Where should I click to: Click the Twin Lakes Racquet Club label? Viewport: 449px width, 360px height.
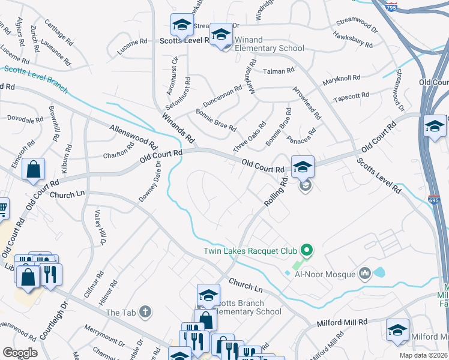click(x=251, y=251)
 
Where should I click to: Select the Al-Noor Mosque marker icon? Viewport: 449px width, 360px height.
click(x=365, y=274)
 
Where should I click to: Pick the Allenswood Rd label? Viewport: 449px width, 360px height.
click(x=133, y=136)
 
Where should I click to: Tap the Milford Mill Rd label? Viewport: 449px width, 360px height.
click(x=342, y=323)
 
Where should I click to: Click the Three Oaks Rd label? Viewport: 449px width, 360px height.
click(x=249, y=139)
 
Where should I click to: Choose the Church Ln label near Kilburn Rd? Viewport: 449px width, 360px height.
click(x=68, y=195)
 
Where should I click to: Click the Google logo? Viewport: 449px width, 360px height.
click(x=20, y=352)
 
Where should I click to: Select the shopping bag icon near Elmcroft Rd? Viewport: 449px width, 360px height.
click(x=34, y=170)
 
